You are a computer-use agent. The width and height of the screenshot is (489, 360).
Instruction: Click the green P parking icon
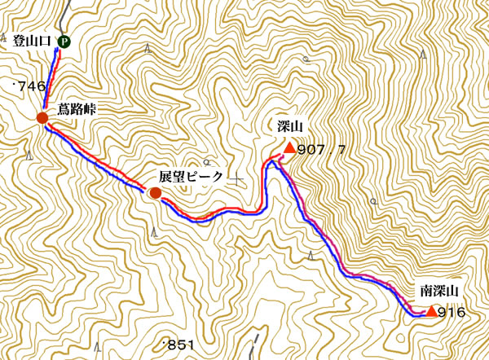[64, 41]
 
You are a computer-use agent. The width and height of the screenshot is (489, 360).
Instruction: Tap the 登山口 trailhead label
[33, 41]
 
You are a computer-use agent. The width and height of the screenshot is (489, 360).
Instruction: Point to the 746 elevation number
[29, 86]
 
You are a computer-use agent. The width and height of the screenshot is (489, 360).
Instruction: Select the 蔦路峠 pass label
[77, 109]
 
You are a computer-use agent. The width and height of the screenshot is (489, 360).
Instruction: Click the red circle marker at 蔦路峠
[42, 119]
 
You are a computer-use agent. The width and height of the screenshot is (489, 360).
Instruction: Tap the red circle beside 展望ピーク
[155, 193]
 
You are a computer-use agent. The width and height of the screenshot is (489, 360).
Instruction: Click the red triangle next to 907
[288, 147]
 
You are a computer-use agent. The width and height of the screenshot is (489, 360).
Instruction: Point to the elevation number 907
[312, 149]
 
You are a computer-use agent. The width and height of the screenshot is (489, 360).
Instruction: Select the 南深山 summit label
[440, 290]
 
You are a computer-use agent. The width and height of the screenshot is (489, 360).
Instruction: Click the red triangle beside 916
[430, 310]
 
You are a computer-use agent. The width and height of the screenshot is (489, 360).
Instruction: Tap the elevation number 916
[451, 312]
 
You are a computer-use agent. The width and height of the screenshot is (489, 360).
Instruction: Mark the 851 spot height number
[179, 345]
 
